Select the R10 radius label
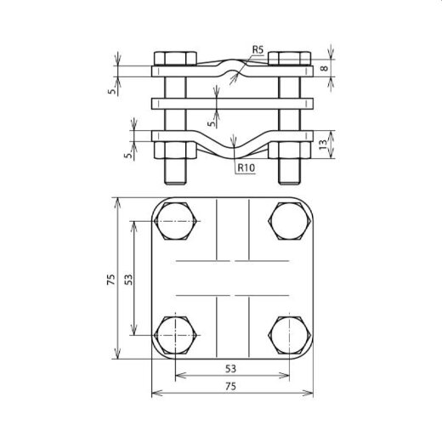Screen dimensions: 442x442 click(247, 169)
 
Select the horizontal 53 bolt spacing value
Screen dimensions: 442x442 click(232, 368)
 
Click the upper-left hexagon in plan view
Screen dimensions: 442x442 click(176, 224)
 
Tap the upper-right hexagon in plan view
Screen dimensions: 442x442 click(289, 224)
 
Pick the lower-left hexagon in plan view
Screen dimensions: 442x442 click(176, 337)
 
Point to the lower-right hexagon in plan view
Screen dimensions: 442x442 click(289, 337)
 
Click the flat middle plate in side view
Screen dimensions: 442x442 click(232, 104)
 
